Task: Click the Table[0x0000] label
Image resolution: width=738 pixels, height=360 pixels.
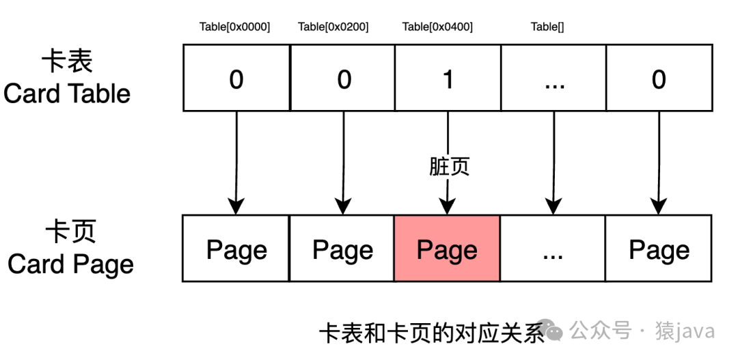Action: (x=234, y=27)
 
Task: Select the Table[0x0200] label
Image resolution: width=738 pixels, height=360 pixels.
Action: (x=333, y=27)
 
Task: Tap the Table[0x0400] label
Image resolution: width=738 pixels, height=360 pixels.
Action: (x=437, y=27)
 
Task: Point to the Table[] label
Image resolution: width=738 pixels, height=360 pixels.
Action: (x=547, y=27)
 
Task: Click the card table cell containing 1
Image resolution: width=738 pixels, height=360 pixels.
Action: (x=448, y=78)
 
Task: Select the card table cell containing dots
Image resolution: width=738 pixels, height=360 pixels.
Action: (x=553, y=78)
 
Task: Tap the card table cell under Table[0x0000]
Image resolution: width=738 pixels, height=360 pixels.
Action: (x=236, y=78)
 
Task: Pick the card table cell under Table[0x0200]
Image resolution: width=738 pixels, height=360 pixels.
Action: (x=342, y=78)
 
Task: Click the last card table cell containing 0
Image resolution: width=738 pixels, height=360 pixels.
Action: (x=659, y=78)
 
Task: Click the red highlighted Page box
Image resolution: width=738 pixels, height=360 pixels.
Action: (x=447, y=249)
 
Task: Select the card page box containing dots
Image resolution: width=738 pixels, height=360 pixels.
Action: (x=553, y=249)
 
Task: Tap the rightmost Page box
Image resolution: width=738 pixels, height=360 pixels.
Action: (x=659, y=249)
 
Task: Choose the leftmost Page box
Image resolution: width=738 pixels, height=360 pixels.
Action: (x=236, y=249)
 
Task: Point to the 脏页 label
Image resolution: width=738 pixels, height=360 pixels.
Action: (x=449, y=167)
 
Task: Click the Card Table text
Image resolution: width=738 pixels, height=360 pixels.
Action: (x=67, y=93)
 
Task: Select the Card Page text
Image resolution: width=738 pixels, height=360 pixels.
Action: (x=70, y=264)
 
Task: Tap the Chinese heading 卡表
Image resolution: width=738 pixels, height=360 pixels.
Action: (x=67, y=61)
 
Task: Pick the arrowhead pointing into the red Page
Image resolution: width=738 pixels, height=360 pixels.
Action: (x=447, y=206)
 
